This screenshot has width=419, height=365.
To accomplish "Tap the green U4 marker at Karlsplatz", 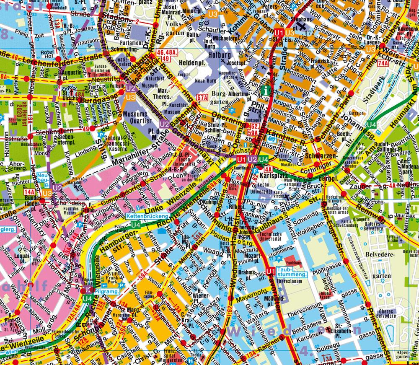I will click(263, 159).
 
